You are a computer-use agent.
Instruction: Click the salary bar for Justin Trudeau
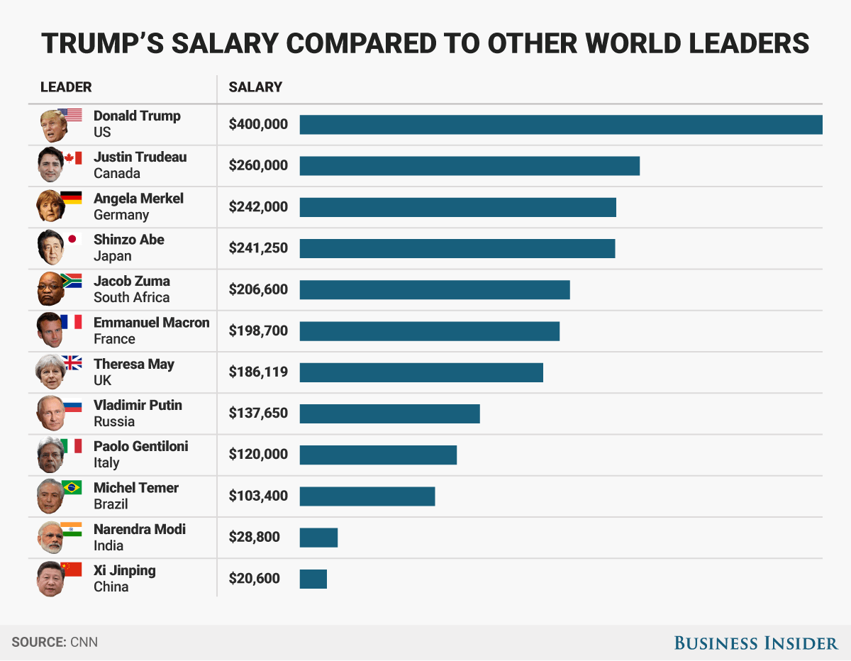click(469, 166)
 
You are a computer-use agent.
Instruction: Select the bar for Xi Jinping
click(313, 579)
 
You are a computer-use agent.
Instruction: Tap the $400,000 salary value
click(258, 124)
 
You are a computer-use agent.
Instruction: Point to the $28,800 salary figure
click(254, 537)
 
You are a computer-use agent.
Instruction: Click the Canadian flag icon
click(73, 158)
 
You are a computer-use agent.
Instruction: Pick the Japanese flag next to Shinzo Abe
click(73, 240)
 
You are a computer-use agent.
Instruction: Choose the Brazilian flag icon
click(72, 487)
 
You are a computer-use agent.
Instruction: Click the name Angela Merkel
click(138, 199)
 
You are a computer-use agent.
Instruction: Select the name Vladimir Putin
click(138, 405)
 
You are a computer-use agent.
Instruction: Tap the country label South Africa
click(131, 297)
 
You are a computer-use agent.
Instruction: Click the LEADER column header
click(66, 87)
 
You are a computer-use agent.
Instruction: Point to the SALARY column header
click(255, 87)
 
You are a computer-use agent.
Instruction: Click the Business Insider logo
click(755, 643)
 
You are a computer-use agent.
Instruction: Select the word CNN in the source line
click(84, 643)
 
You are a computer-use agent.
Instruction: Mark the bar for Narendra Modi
click(318, 538)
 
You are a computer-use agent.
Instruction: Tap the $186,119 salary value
click(258, 372)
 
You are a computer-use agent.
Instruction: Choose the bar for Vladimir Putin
click(389, 413)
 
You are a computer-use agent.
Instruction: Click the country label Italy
click(106, 462)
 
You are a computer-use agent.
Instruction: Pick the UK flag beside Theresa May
click(72, 363)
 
